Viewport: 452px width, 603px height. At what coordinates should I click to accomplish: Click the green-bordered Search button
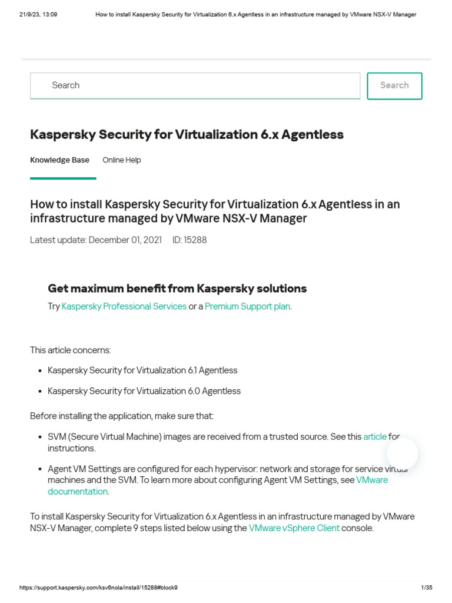[x=394, y=86]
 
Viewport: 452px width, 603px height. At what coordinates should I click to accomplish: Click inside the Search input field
[x=195, y=86]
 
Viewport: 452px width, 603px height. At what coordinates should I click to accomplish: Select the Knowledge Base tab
[x=59, y=160]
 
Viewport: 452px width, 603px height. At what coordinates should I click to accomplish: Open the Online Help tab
[x=122, y=160]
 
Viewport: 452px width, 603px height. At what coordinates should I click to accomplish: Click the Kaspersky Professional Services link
[x=124, y=306]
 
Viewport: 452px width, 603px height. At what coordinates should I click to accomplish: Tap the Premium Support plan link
[x=247, y=306]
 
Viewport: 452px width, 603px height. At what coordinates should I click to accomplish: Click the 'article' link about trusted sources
[x=375, y=436]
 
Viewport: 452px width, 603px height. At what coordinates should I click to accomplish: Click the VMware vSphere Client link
[x=294, y=528]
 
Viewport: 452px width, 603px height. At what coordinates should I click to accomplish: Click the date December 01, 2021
[x=125, y=240]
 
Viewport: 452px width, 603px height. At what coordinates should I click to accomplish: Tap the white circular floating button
[x=403, y=454]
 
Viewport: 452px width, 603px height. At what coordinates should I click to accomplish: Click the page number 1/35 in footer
[x=427, y=588]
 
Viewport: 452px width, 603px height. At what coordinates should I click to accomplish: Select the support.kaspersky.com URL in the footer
[x=98, y=588]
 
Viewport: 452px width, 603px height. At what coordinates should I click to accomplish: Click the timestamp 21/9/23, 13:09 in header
[x=38, y=15]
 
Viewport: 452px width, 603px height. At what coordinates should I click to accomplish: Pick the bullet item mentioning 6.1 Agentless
[x=142, y=370]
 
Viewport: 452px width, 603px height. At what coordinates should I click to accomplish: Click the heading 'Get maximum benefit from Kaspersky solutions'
[x=177, y=289]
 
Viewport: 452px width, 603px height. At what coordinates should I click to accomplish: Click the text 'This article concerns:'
[x=70, y=350]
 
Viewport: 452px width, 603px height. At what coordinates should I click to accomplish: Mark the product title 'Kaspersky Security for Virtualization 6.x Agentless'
[x=187, y=135]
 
